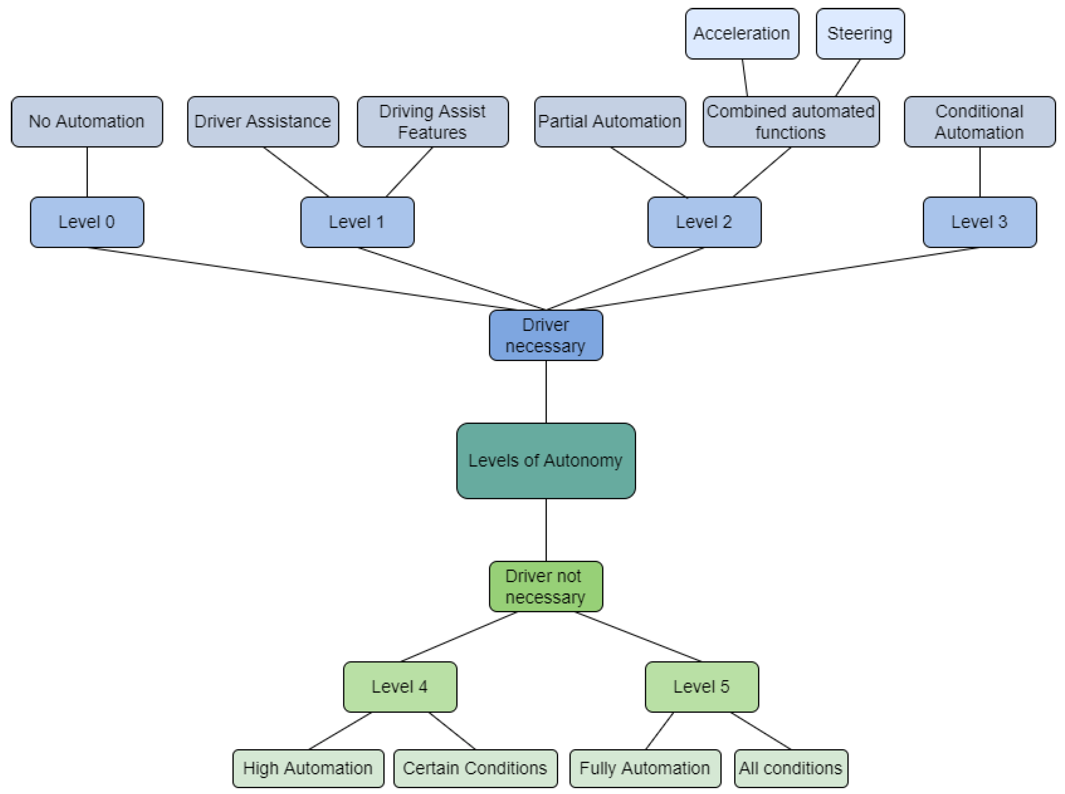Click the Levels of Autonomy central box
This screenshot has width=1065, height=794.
[545, 460]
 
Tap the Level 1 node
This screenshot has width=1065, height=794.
[357, 222]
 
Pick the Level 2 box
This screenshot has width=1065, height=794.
[704, 222]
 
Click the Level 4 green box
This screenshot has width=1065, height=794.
[400, 686]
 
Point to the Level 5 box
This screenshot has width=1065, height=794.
[701, 686]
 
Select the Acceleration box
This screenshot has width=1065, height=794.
[742, 34]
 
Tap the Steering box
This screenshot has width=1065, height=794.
[860, 34]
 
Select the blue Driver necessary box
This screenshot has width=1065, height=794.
[545, 335]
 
